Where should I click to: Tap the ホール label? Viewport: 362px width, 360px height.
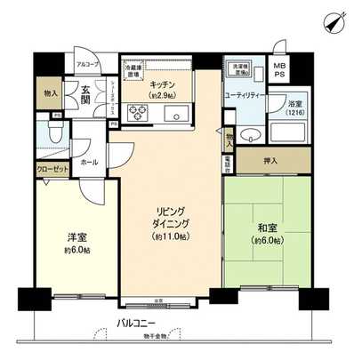(90, 164)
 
